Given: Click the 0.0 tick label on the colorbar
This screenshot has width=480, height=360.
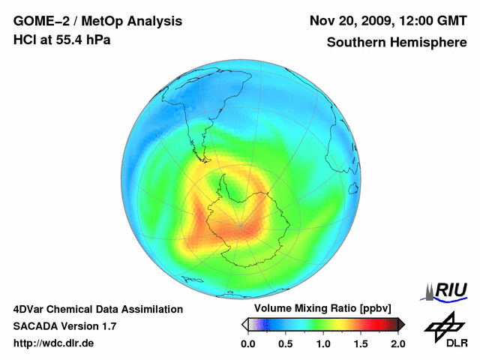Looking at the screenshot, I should pyautogui.click(x=248, y=343).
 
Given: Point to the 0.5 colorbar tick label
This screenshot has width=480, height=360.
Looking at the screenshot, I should pyautogui.click(x=285, y=343).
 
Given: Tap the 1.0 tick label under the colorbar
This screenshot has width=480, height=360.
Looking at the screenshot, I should pyautogui.click(x=323, y=343).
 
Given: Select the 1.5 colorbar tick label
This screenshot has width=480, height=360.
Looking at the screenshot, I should pyautogui.click(x=360, y=343).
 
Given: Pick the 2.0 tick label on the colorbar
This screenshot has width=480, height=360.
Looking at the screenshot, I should pyautogui.click(x=397, y=343).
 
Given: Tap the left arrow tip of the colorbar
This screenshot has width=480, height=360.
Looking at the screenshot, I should pyautogui.click(x=244, y=324).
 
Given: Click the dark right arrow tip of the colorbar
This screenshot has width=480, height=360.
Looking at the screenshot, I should pyautogui.click(x=402, y=324).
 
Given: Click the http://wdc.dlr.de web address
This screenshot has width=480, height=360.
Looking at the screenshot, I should pyautogui.click(x=54, y=343).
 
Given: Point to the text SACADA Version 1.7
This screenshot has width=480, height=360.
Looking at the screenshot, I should pyautogui.click(x=64, y=326).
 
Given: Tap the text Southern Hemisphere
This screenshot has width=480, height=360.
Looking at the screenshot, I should pyautogui.click(x=397, y=43).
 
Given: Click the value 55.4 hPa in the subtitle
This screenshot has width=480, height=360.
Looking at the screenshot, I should pyautogui.click(x=83, y=40).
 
